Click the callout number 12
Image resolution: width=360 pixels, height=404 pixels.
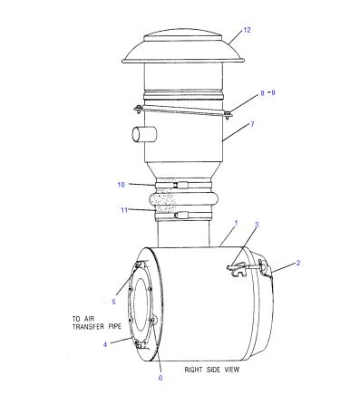click(x=247, y=30)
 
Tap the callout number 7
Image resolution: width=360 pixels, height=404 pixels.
click(x=252, y=124)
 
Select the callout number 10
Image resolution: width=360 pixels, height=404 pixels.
click(x=121, y=185)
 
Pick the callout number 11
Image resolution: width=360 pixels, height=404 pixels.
click(x=124, y=210)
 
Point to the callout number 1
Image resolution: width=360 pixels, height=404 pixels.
click(x=236, y=223)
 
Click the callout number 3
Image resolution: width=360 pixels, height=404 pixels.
click(x=257, y=225)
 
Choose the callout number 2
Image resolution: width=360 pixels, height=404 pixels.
click(x=298, y=263)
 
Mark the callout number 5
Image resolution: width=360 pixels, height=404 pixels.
click(x=113, y=302)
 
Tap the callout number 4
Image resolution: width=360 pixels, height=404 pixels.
click(x=105, y=344)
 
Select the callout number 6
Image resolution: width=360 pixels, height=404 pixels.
click(x=161, y=378)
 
